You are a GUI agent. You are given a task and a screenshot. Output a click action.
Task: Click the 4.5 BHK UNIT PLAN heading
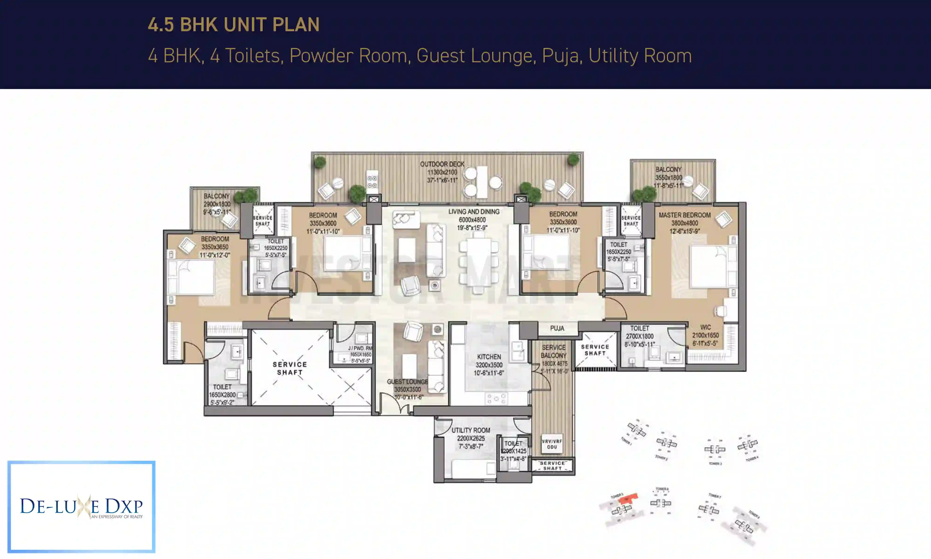click(x=233, y=25)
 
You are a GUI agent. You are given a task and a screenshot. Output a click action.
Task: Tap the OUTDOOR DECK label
click(x=442, y=164)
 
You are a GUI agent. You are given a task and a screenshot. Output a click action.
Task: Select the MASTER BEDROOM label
click(x=685, y=215)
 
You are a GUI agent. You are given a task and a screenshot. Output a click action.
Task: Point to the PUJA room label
click(x=557, y=328)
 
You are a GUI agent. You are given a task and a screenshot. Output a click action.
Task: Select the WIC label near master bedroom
click(x=705, y=327)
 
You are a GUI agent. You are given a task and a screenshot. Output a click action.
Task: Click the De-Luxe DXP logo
click(x=81, y=507)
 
